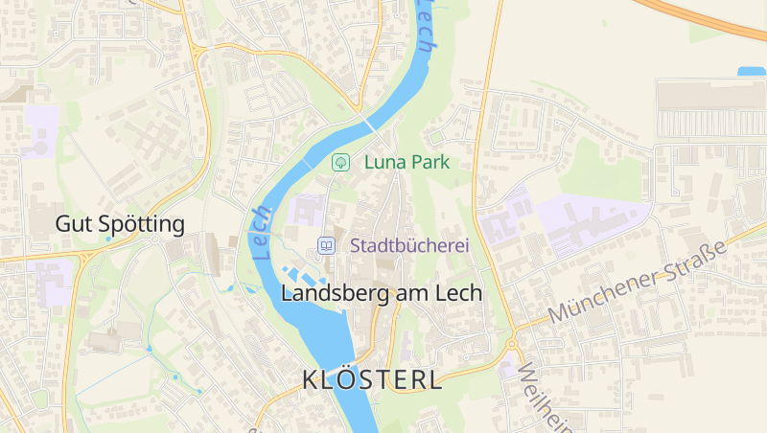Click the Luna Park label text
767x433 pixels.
(x=407, y=163)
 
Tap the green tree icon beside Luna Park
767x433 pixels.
(x=339, y=163)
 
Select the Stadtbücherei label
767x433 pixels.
(x=409, y=246)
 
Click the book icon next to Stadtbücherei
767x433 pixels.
(x=327, y=246)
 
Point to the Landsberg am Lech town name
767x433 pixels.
(x=381, y=293)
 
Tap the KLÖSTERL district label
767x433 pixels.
(x=372, y=380)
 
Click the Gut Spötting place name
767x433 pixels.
(x=120, y=225)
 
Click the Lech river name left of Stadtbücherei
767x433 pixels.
(x=261, y=234)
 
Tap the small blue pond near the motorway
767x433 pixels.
(x=752, y=72)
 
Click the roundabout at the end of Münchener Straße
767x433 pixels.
(x=513, y=342)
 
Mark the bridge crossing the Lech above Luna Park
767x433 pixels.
(x=370, y=125)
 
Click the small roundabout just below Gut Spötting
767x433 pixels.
(x=154, y=239)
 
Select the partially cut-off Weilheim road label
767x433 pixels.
(x=537, y=395)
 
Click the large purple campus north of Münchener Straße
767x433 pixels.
(x=585, y=220)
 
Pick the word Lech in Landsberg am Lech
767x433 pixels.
(x=459, y=293)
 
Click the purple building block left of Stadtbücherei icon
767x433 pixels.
(x=308, y=211)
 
